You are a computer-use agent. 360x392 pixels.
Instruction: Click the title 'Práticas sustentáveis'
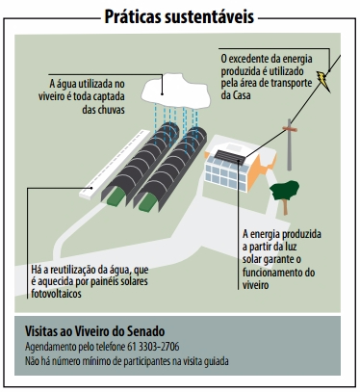179,16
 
